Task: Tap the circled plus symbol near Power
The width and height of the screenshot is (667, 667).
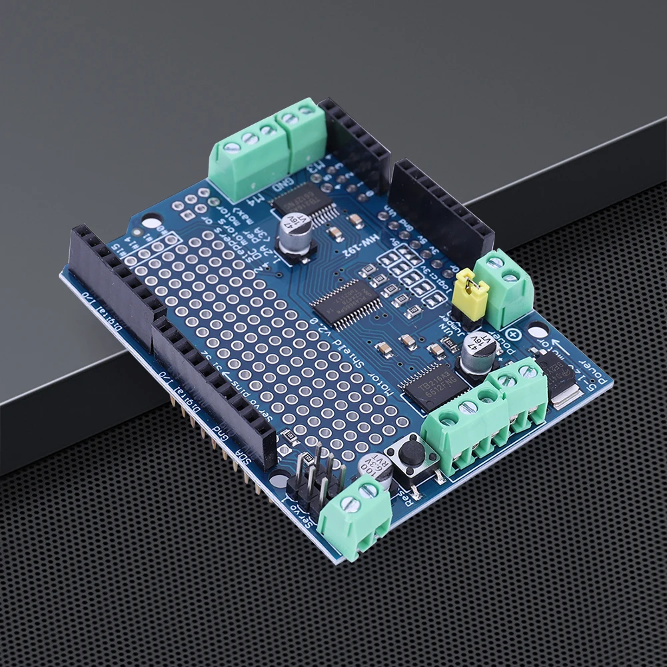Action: point(514,335)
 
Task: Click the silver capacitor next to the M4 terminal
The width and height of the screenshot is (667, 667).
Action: point(295,233)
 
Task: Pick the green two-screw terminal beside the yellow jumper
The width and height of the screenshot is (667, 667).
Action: point(507,287)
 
